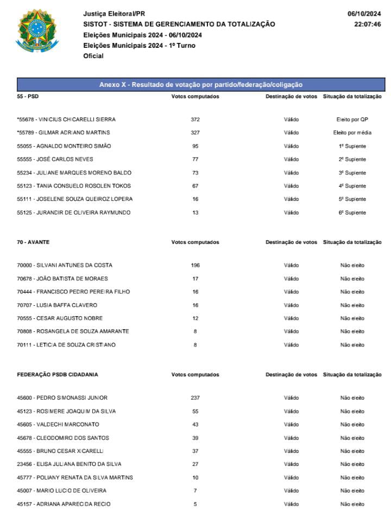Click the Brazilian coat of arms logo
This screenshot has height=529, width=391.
(37, 32)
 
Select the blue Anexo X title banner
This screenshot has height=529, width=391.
(201, 85)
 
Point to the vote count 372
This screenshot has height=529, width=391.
(195, 119)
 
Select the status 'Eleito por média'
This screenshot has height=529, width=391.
(352, 133)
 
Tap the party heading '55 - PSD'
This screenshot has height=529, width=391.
(28, 97)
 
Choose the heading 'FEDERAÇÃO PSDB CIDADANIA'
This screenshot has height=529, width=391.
(58, 375)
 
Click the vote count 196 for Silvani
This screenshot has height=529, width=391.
(195, 266)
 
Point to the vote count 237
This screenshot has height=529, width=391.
(195, 398)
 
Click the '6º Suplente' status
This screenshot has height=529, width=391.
(352, 213)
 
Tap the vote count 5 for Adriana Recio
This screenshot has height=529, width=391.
(195, 504)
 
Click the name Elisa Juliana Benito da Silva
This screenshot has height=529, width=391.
(69, 464)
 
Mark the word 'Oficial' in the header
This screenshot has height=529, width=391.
(93, 56)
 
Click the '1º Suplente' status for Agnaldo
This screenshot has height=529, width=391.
(352, 146)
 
